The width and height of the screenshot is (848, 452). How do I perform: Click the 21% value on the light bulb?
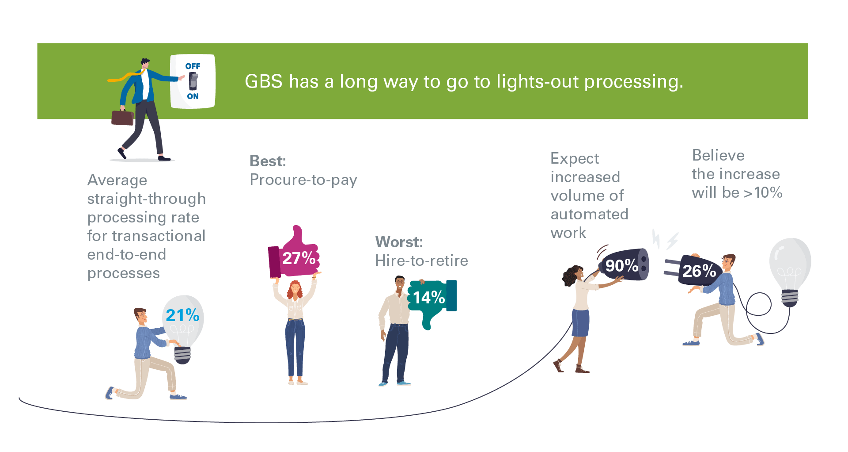coord(182,315)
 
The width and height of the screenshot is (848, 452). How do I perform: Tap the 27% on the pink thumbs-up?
coord(299,258)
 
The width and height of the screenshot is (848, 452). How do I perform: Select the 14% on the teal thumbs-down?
coord(429,298)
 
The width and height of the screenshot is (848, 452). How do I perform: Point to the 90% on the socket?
coord(621,265)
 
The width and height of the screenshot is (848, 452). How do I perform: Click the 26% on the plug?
coord(699,271)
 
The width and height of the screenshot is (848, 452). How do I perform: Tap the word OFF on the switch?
coord(193,66)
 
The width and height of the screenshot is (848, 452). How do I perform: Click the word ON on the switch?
coord(193,96)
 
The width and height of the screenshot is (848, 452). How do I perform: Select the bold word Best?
coord(268,161)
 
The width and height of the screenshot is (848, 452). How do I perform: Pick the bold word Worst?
coord(399,242)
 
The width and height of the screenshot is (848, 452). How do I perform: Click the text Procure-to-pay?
coord(303,180)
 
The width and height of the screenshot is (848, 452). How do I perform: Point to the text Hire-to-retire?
coord(421,260)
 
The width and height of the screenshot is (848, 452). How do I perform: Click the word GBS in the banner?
coord(264,82)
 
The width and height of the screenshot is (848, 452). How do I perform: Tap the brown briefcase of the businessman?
coord(122,118)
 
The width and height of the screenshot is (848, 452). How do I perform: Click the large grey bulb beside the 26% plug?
coord(790,265)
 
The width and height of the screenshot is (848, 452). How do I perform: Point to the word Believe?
coord(718,156)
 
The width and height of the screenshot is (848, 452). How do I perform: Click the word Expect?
coord(575,159)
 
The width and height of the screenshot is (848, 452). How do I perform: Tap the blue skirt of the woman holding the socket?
coord(580,323)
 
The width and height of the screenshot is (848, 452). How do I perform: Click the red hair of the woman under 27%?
coord(294,290)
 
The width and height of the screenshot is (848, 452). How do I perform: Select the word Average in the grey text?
coord(117,180)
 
